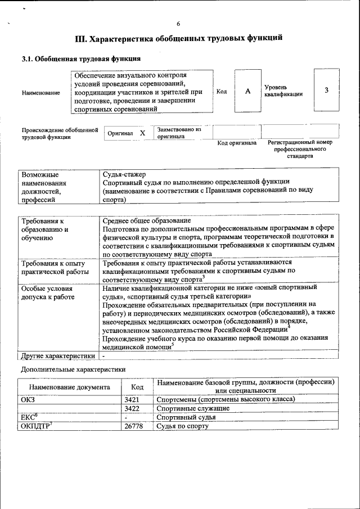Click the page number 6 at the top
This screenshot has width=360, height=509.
point(178,24)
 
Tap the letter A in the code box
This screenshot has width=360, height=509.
point(247,91)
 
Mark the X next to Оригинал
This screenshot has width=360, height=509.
point(142,133)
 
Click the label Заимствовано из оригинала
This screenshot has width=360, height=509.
point(179,133)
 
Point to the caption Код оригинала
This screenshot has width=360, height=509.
point(237,143)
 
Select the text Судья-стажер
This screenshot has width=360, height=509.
point(125,173)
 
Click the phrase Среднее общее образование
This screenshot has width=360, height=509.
point(147,220)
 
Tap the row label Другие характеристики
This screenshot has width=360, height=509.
point(58,355)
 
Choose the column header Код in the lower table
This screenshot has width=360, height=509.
point(137,387)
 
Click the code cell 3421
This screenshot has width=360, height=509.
point(132,399)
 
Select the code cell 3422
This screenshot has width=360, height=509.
point(132,408)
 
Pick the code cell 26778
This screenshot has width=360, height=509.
point(134,426)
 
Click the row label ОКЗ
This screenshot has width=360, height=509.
point(28,399)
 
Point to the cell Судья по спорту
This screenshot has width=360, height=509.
point(183,426)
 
